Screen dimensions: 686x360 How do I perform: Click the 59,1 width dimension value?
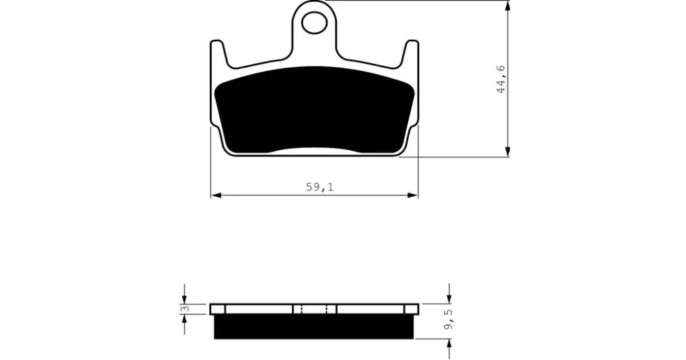320,187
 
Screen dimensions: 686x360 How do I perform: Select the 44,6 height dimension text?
501,79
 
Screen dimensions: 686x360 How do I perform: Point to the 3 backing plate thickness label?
184,309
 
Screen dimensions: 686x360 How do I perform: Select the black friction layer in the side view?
314,327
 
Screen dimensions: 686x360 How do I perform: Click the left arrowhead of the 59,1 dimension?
215,195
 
